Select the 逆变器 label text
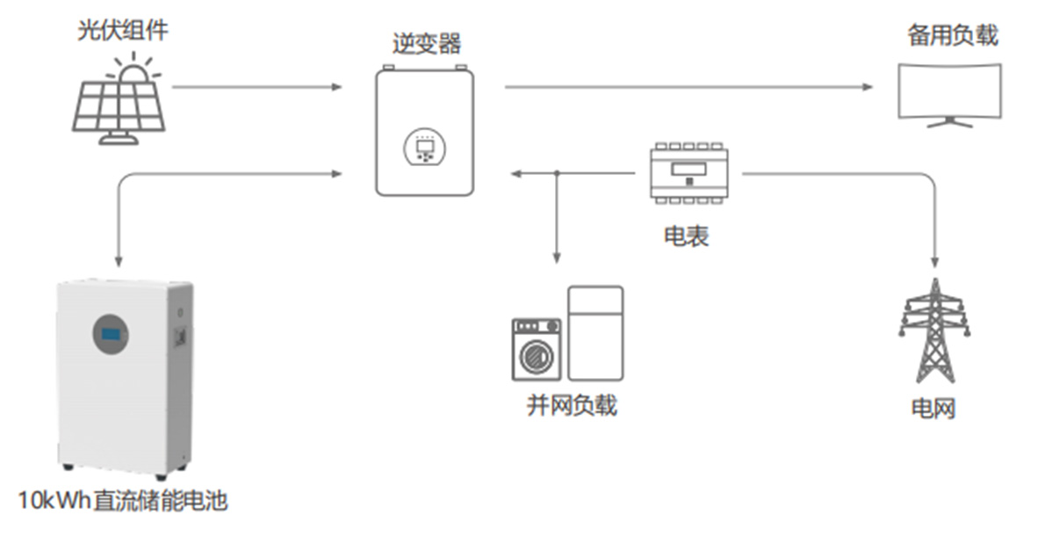[426, 44]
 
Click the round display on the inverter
[425, 147]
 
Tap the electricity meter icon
[688, 173]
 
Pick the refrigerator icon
[595, 332]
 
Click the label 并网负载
[572, 405]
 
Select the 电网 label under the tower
[933, 409]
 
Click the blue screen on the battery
[111, 334]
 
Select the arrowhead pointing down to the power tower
[934, 261]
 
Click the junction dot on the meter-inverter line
[557, 174]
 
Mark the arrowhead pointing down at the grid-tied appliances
[557, 257]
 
